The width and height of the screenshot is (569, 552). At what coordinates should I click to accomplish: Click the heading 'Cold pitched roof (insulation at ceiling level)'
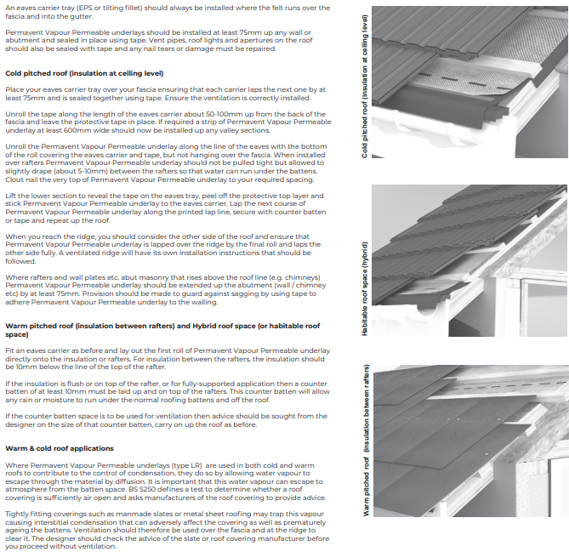84,73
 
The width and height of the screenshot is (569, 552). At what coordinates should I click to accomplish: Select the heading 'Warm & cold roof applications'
60,447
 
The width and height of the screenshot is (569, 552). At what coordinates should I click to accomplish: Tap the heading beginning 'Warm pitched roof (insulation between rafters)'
162,327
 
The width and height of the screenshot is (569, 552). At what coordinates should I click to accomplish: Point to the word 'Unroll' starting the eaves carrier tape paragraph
16,113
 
